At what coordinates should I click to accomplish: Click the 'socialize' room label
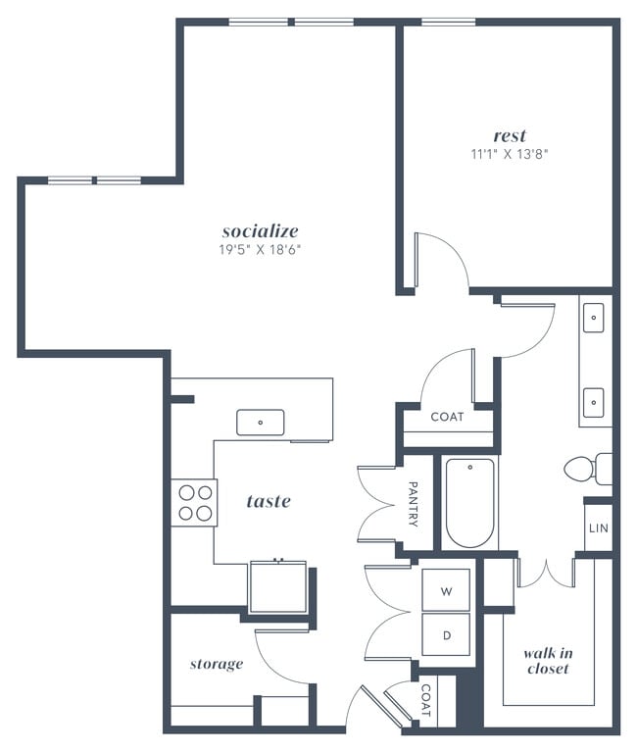[260, 231]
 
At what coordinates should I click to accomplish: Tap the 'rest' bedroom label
[510, 135]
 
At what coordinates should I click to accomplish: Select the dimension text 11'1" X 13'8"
[510, 154]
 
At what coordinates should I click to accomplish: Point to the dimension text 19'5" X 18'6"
[260, 250]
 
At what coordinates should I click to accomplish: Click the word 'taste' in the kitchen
[269, 501]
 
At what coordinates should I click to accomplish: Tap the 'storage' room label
[216, 664]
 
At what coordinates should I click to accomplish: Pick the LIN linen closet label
[598, 528]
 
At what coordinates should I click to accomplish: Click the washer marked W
[446, 591]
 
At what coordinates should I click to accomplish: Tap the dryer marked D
[446, 635]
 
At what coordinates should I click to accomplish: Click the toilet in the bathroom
[588, 469]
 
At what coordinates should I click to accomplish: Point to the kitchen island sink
[260, 423]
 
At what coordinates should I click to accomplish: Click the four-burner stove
[194, 502]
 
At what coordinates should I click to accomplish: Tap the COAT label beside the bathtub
[447, 417]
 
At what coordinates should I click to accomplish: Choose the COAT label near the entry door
[425, 703]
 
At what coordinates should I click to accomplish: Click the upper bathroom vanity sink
[594, 318]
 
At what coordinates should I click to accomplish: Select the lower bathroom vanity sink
[594, 400]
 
